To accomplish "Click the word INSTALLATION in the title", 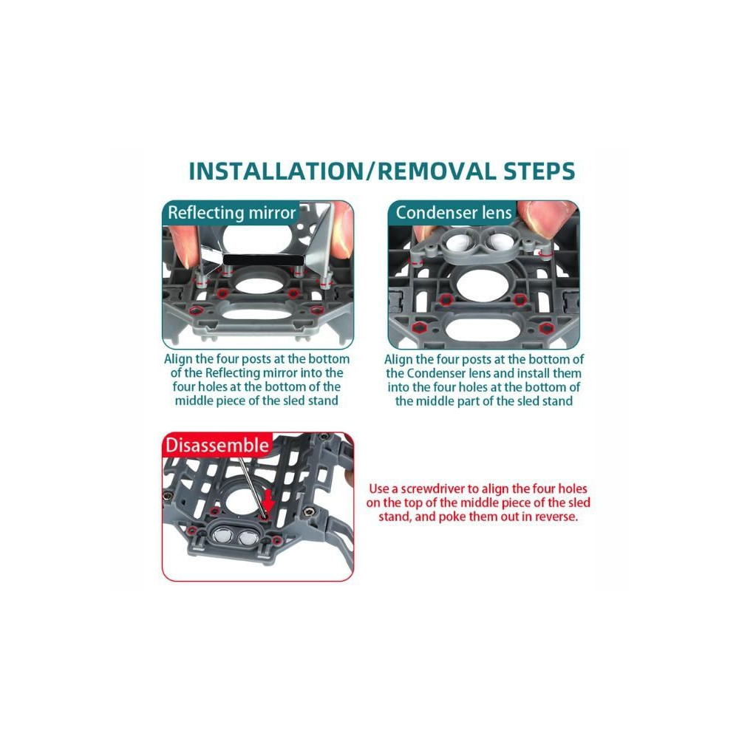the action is tap(276, 171).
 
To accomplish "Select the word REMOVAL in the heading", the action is tap(437, 171).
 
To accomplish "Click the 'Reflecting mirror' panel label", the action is tap(231, 213).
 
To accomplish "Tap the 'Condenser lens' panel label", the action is tap(454, 213).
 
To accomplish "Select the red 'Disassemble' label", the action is tap(217, 446).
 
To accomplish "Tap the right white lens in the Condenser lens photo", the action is tap(497, 242).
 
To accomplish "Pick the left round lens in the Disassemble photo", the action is tap(222, 536).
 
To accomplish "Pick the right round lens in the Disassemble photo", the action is tap(247, 537).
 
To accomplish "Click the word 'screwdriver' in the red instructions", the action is tap(432, 488).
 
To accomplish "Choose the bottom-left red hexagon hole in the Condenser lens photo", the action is tap(417, 327).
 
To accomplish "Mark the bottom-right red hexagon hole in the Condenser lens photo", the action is tap(546, 328).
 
